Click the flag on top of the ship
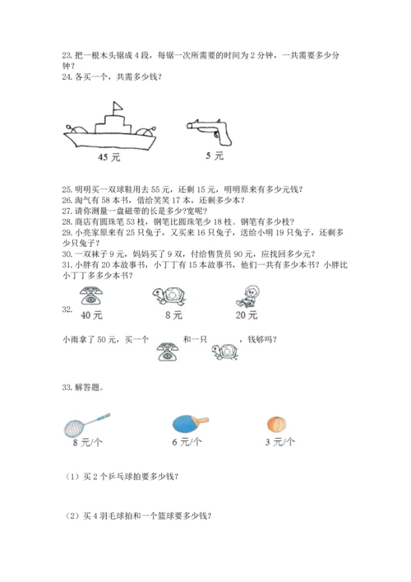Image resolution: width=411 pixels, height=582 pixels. (118, 106)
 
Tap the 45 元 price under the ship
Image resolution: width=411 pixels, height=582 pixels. (109, 157)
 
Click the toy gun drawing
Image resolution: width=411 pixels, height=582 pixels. (209, 133)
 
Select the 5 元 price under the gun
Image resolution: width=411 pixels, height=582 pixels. (215, 156)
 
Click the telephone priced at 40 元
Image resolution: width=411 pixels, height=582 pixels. (91, 296)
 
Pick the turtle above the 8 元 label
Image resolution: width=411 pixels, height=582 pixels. (169, 296)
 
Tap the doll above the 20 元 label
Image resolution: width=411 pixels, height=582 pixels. (247, 296)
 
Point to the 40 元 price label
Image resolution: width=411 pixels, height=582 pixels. (91, 315)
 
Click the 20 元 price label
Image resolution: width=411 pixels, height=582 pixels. (247, 315)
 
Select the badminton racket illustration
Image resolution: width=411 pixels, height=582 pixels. (87, 425)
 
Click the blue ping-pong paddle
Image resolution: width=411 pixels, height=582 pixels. (191, 423)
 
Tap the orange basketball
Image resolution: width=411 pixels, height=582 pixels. (276, 425)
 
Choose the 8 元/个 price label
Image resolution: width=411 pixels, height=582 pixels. (87, 442)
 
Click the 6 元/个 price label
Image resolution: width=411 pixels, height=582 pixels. (187, 442)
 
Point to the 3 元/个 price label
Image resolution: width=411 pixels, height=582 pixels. (279, 442)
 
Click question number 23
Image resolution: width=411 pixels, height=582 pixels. (67, 56)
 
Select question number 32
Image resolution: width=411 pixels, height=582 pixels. (67, 310)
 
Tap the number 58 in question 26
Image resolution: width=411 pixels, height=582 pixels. (105, 200)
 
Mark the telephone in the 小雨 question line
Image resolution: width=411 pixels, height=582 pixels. (168, 352)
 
